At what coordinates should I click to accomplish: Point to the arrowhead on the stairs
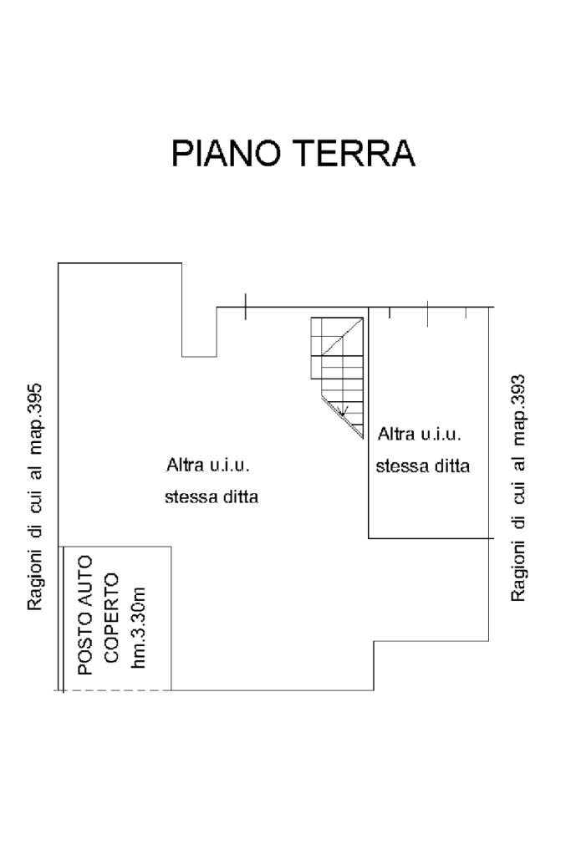343,410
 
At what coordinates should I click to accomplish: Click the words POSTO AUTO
84,614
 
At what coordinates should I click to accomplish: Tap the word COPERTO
112,618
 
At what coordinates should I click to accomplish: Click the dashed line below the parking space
117,690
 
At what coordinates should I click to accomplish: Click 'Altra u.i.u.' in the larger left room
209,465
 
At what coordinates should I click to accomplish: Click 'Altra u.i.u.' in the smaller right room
420,435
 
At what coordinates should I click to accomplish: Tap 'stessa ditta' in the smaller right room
422,466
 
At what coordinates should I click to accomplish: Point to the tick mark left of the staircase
245,307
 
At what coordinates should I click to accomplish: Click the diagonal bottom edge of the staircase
343,418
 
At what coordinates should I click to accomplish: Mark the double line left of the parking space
63,618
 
